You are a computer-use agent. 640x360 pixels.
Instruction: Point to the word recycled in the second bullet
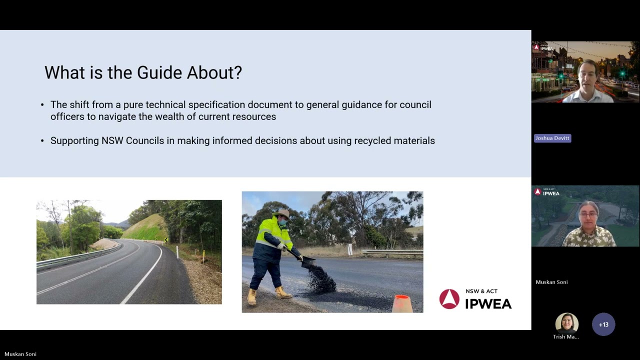pos(372,141)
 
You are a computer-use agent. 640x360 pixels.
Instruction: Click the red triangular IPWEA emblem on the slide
pos(449,299)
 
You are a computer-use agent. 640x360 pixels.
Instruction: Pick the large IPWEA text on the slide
pos(488,303)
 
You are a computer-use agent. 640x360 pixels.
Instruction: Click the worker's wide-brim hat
pos(282,213)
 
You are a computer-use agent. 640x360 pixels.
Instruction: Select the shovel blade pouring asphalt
pos(307,261)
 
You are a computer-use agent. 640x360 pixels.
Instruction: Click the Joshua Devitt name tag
pos(552,138)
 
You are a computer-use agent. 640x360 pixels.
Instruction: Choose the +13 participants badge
pos(603,324)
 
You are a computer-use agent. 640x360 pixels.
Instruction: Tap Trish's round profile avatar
pos(566,323)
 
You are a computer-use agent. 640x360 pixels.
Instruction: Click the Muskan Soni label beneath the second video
pos(551,282)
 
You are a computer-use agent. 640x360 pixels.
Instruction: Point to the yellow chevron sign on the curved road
pos(165,239)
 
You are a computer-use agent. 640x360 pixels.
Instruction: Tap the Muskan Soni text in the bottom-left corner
pos(20,354)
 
